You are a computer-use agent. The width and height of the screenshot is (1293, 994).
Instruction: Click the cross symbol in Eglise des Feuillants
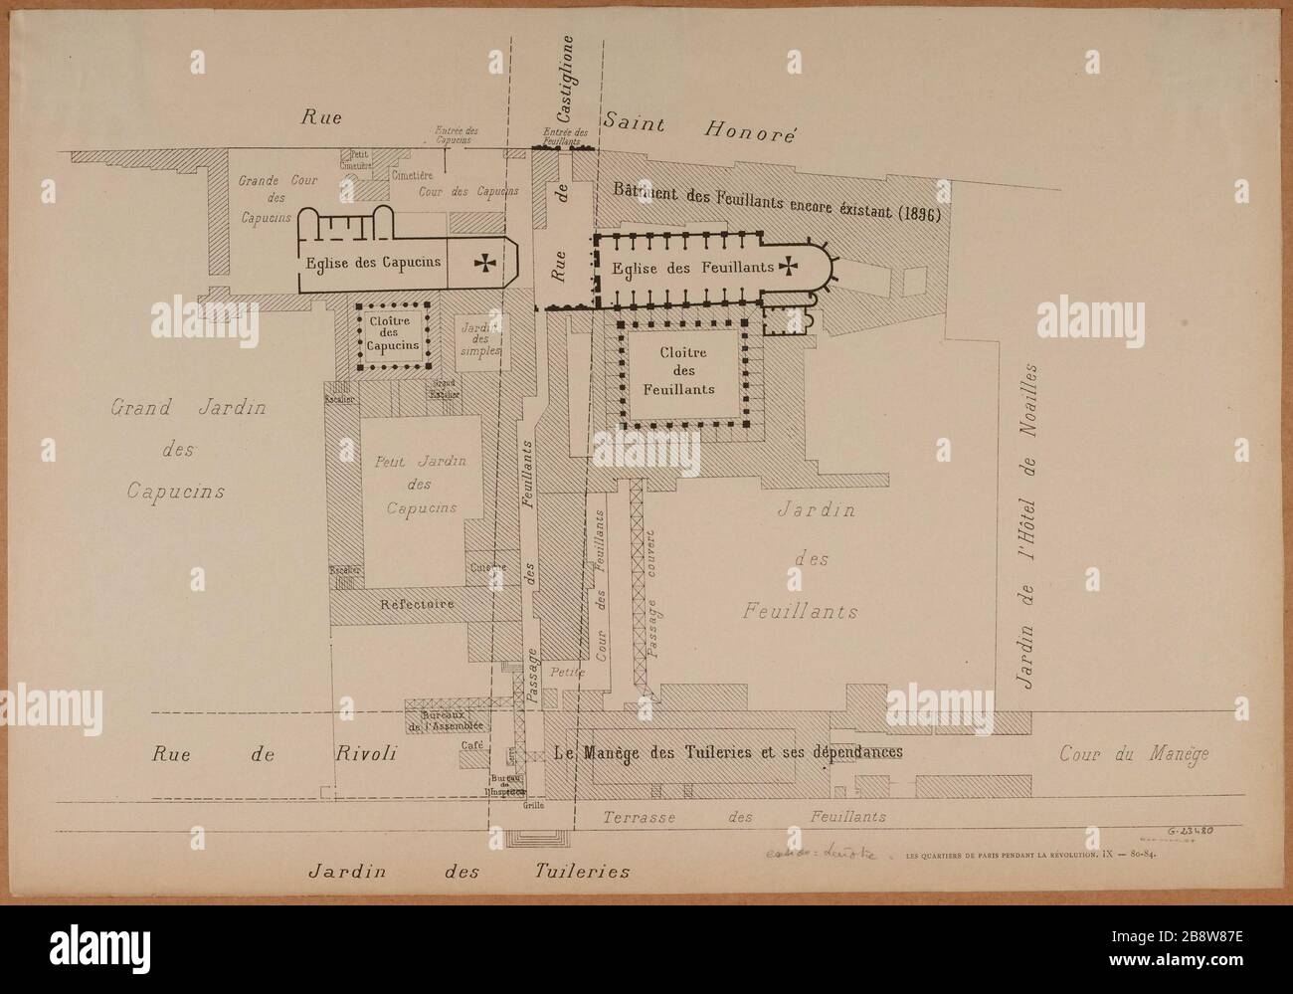coord(789,266)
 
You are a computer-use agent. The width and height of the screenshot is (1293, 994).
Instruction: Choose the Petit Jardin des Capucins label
coord(416,485)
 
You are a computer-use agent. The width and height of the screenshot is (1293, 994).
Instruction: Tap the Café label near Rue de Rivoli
coord(471,745)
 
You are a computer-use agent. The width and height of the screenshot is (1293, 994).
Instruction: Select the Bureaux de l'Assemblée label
coord(439,719)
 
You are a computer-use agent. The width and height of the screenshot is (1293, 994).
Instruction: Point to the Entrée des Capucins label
coord(458,134)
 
